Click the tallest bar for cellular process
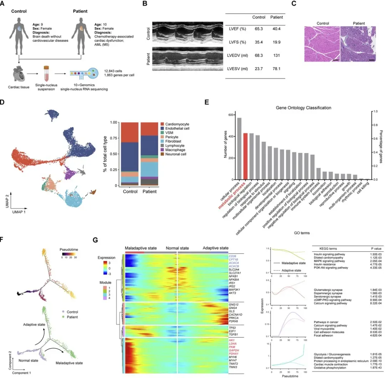tap(239, 148)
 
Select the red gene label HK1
tap(232, 341)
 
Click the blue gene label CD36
tap(233, 256)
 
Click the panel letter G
tap(95, 240)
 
